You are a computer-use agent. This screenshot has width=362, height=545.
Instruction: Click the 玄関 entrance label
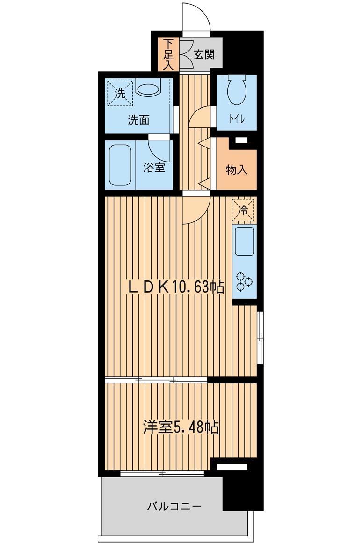pos(204,55)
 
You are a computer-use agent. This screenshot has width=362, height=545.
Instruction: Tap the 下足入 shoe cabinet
pos(168,54)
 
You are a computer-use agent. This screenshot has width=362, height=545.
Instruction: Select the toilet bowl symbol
pos(237,89)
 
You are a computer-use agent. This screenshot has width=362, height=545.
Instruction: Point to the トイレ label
pos(237,119)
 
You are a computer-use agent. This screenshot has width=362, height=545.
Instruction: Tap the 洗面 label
pos(138,120)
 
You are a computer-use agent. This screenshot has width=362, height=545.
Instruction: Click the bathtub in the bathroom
pos(120,165)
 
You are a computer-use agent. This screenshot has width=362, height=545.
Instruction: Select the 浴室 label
pos(154,168)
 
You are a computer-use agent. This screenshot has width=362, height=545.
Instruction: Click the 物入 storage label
pos(237,170)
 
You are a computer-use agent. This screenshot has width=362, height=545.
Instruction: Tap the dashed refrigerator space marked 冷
pos(244,210)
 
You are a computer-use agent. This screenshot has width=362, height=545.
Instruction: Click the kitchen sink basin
pos(245,241)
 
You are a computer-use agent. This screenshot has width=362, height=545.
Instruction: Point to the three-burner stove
pos(244,281)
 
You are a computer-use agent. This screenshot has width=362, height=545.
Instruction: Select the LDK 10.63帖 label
pos(176,287)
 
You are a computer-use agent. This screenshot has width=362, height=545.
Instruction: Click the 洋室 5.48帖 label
pos(181,427)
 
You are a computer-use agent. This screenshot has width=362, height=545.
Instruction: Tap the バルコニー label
pos(174,506)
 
